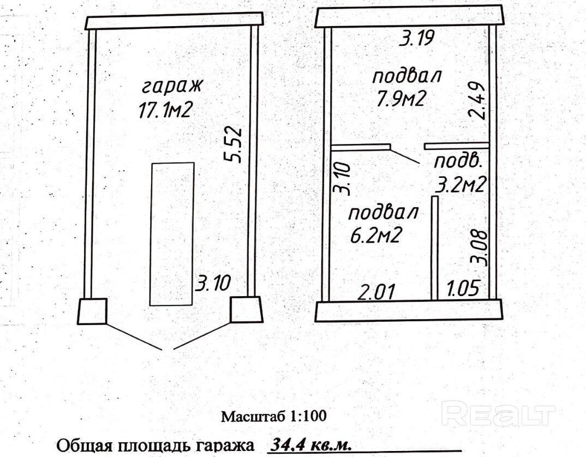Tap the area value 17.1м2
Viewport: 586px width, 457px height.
click(x=166, y=111)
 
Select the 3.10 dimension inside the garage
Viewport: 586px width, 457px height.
click(x=213, y=283)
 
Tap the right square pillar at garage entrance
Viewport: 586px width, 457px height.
click(x=247, y=309)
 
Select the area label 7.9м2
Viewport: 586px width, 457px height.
click(x=400, y=100)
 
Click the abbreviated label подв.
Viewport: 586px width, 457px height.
click(x=457, y=162)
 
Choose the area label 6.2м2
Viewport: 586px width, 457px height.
click(x=376, y=236)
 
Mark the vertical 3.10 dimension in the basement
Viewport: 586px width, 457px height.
click(x=342, y=179)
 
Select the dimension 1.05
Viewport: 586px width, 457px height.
click(x=463, y=288)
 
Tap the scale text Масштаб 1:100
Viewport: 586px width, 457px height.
click(x=273, y=417)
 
